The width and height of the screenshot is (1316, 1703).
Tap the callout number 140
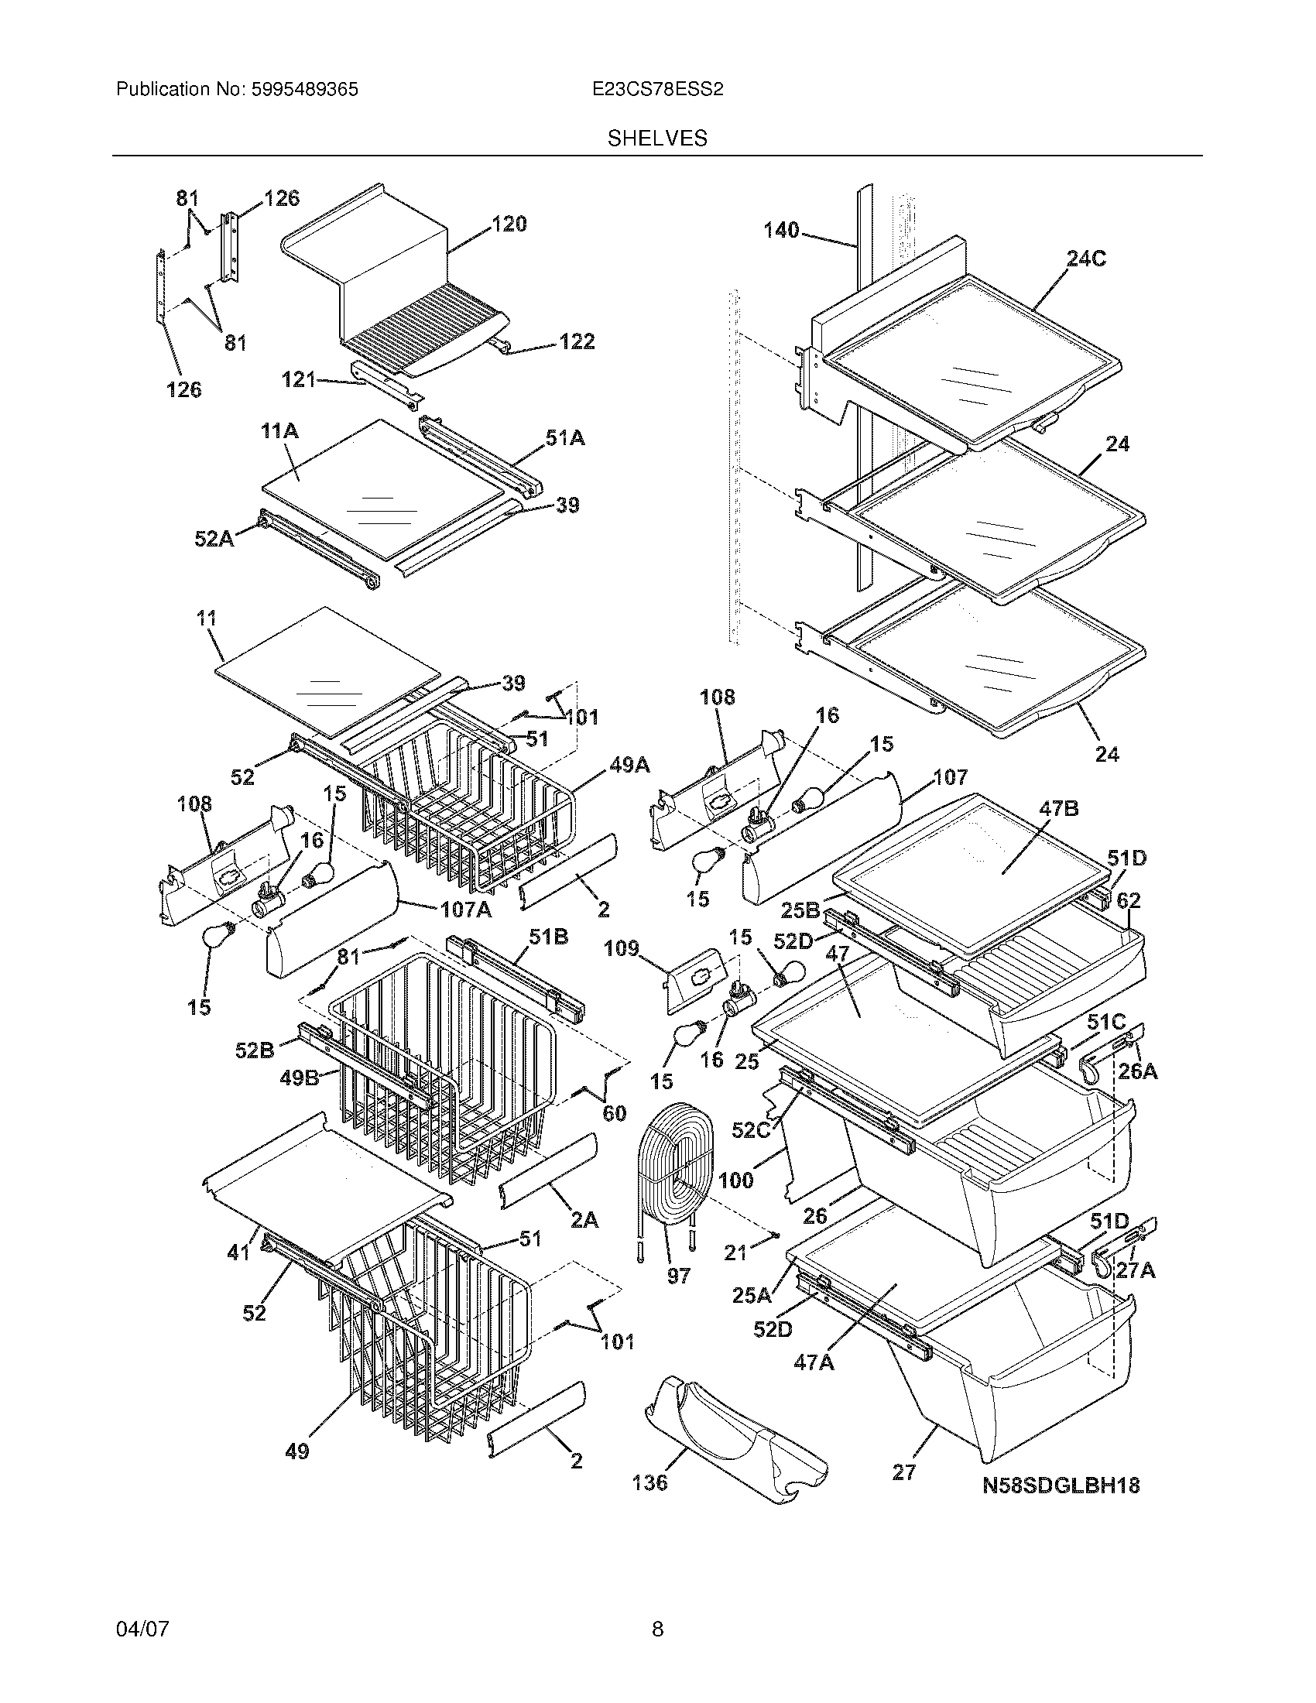pyautogui.click(x=781, y=230)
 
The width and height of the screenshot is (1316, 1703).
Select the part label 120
pyautogui.click(x=509, y=224)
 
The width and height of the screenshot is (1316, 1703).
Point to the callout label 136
pyautogui.click(x=649, y=1482)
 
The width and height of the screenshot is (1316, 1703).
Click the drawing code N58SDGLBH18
pyautogui.click(x=1061, y=1485)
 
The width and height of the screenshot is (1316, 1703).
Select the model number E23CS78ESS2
pyautogui.click(x=657, y=90)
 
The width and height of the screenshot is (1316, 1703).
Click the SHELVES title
pyautogui.click(x=657, y=139)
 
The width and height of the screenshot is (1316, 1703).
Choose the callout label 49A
pyautogui.click(x=629, y=766)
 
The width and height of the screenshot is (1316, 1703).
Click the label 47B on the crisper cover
pyautogui.click(x=1058, y=809)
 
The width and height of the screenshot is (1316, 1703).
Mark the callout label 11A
pyautogui.click(x=280, y=430)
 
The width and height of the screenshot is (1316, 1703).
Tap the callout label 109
pyautogui.click(x=622, y=949)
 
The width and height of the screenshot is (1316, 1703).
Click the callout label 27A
pyautogui.click(x=1135, y=1270)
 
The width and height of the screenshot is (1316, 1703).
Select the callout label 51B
pyautogui.click(x=549, y=937)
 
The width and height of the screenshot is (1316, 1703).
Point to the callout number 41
pyautogui.click(x=238, y=1252)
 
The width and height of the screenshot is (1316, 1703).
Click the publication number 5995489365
pyautogui.click(x=304, y=90)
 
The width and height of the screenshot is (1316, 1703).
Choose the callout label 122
pyautogui.click(x=577, y=341)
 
